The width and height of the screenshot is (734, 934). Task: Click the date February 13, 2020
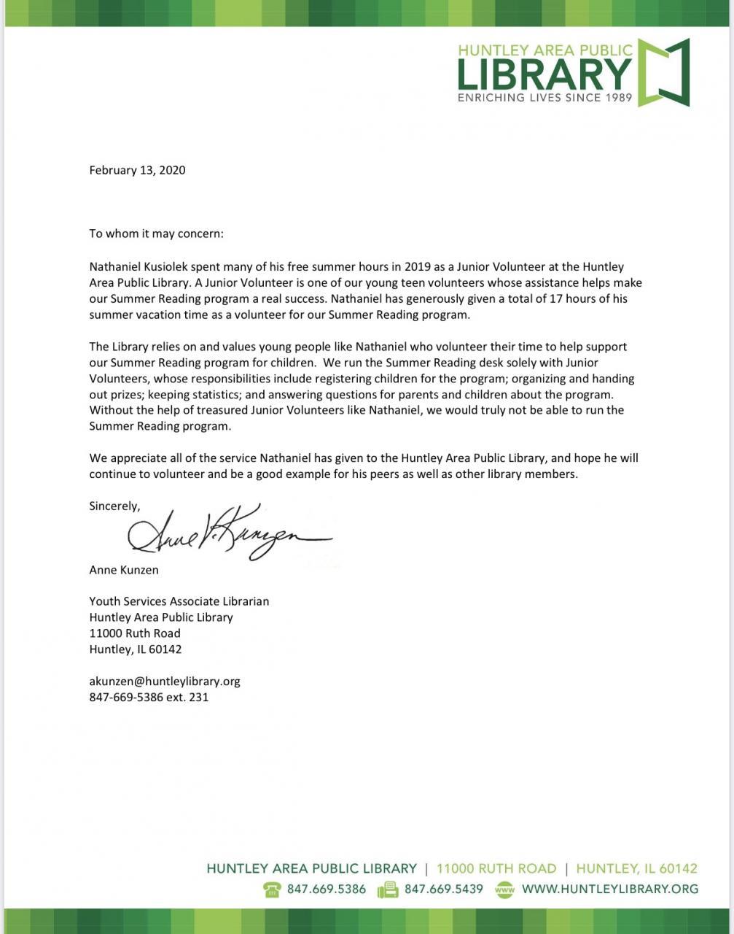(137, 170)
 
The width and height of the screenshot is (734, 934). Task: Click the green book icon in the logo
(663, 72)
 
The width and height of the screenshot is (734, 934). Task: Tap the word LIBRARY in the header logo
(544, 74)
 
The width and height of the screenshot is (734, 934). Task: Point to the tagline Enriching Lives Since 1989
(544, 97)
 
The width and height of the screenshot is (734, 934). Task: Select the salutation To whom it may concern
(157, 234)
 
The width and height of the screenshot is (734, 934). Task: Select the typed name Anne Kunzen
(124, 570)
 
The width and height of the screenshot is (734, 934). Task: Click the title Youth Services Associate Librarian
(179, 601)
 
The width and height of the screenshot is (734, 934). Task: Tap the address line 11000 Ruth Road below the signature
(135, 633)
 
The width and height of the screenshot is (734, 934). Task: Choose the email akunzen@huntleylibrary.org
(165, 682)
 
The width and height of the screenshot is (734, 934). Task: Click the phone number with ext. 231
(149, 698)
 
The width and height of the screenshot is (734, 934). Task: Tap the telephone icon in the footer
(273, 889)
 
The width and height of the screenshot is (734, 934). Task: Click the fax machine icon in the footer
(387, 889)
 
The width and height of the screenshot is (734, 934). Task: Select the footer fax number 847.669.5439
(443, 889)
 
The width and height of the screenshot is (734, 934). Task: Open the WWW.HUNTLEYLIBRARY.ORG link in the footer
(609, 889)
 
